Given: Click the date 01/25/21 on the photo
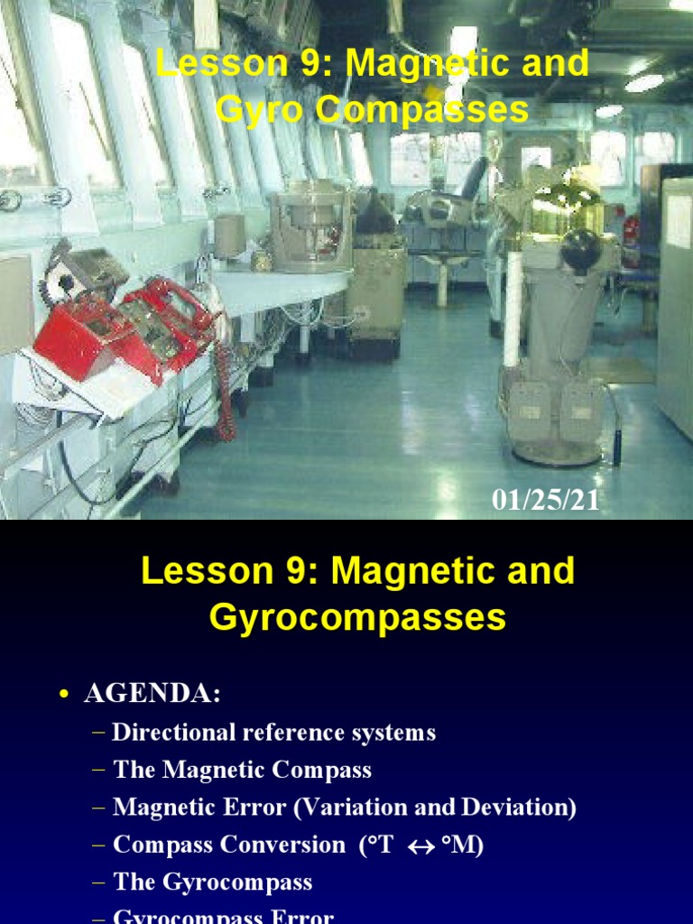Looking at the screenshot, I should [x=545, y=501].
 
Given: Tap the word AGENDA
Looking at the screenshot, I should [x=152, y=694].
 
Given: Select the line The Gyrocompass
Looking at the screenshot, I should [x=213, y=882].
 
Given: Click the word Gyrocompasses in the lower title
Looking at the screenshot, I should [x=357, y=618].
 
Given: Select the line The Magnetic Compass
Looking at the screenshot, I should [x=242, y=770].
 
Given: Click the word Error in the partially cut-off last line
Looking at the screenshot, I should [x=301, y=917].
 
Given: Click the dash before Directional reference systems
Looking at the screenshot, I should [x=98, y=733].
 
